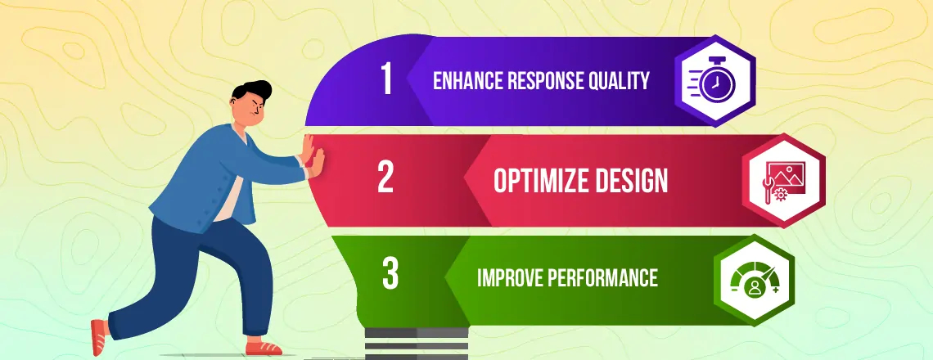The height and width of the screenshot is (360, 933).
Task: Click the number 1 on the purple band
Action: pos(387,79)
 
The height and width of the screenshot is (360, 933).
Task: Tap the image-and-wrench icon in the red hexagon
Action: pos(785,181)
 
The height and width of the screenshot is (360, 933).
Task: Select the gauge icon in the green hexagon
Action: pos(755,280)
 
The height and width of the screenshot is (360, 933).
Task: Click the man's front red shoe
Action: pos(263,347)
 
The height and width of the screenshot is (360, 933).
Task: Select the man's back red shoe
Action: pos(99,337)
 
